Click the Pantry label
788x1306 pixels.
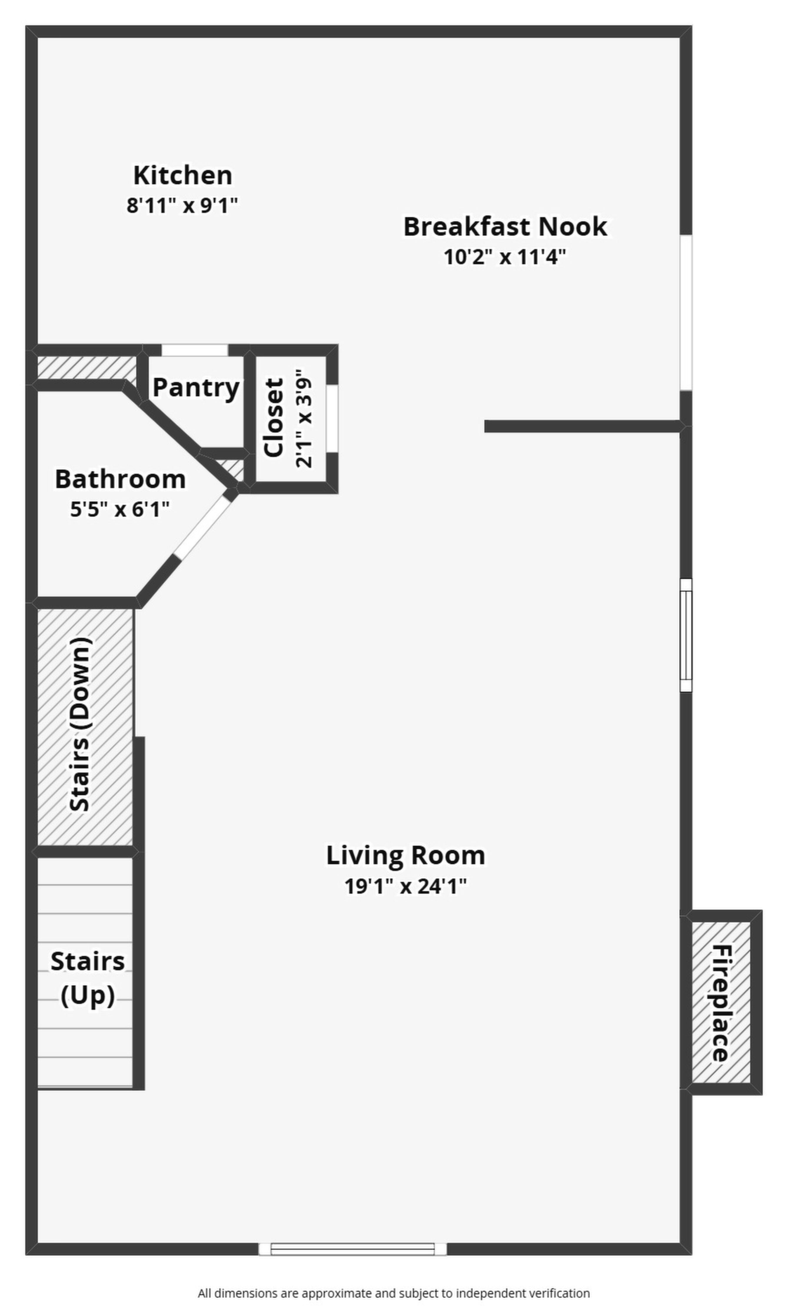coord(196,387)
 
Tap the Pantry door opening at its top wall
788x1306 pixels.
coord(194,350)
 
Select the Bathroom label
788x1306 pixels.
coord(120,479)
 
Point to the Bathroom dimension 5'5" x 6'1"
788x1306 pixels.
coord(120,510)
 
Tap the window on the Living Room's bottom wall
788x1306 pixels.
coord(353,1249)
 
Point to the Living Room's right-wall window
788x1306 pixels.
coord(686,635)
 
